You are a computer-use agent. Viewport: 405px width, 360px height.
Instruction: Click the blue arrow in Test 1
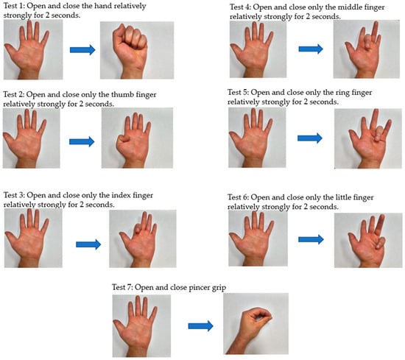[x=82, y=49]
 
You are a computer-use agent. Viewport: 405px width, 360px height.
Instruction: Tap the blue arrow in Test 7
[x=201, y=326]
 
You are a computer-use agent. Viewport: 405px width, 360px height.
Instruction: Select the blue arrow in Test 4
[x=311, y=49]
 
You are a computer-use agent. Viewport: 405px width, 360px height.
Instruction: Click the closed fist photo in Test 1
[x=137, y=50]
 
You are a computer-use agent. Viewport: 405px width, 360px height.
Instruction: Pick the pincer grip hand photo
[x=256, y=324]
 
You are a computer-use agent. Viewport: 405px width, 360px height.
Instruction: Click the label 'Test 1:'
[x=14, y=6]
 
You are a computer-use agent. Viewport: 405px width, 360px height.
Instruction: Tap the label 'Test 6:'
[x=238, y=197]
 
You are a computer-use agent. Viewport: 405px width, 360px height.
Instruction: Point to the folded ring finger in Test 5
[x=378, y=133]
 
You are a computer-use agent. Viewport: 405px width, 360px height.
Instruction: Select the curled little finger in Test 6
[x=379, y=243]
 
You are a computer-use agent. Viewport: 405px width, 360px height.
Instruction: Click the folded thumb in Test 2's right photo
[x=124, y=140]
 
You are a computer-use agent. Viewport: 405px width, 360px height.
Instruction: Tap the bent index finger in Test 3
[x=138, y=228]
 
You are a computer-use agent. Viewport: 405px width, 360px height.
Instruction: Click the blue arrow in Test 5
[x=310, y=138]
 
